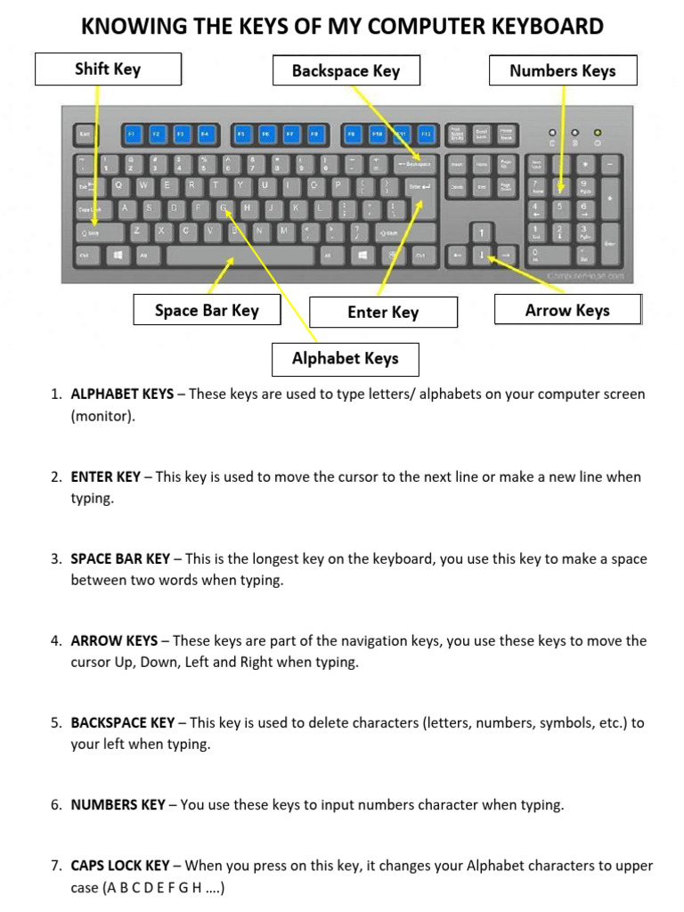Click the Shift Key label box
[x=108, y=69]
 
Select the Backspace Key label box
[x=346, y=71]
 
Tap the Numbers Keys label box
[x=563, y=70]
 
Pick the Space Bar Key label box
[x=207, y=310]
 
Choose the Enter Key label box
[x=383, y=312]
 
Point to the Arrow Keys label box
[x=567, y=310]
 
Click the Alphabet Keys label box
[x=346, y=358]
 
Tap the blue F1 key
[x=132, y=134]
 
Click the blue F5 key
[x=240, y=134]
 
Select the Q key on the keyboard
[x=119, y=185]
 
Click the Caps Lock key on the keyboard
[x=90, y=209]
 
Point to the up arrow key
[x=482, y=232]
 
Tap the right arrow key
[x=506, y=255]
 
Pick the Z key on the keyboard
[x=137, y=231]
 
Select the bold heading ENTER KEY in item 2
[x=105, y=476]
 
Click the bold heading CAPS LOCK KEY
[x=119, y=866]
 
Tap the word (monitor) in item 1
[x=103, y=416]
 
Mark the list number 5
[x=55, y=723]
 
